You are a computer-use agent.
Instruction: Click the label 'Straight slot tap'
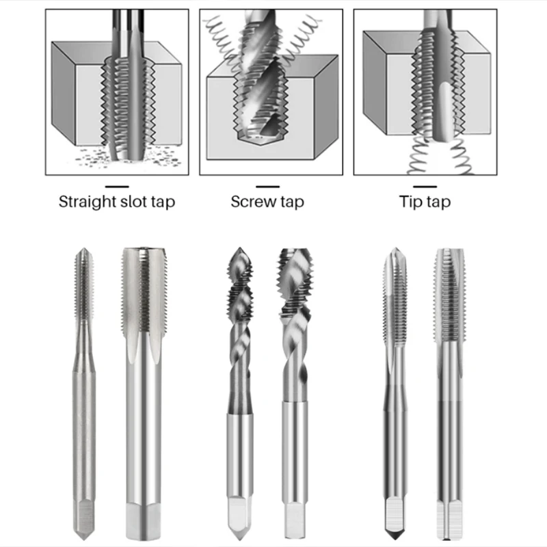point(116,202)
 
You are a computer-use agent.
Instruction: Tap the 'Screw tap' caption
point(267,202)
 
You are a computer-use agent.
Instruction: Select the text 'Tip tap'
point(425,202)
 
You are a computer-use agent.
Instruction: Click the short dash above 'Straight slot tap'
point(116,186)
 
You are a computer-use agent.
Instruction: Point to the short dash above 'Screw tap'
point(267,186)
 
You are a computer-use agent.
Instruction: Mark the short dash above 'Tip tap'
point(425,186)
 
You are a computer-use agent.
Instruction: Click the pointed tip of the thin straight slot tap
point(82,253)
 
